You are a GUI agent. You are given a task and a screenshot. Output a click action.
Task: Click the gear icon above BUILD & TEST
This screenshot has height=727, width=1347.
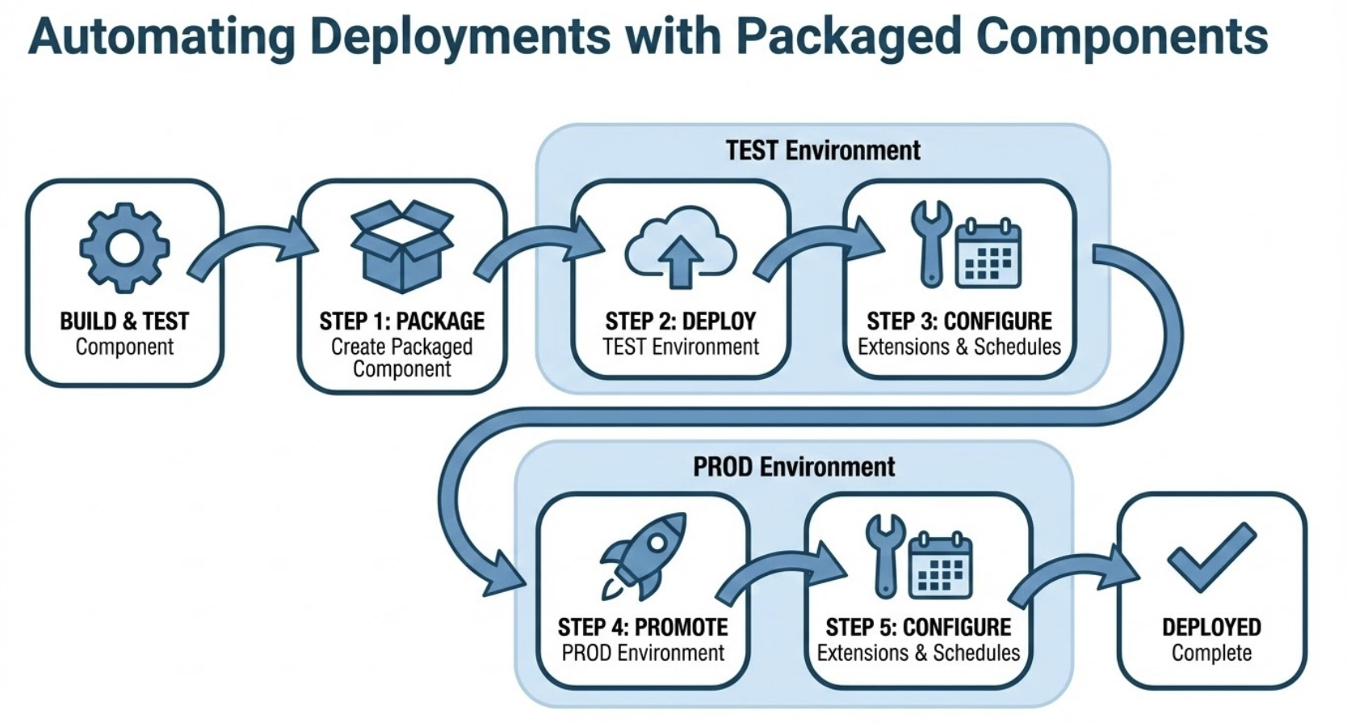(124, 247)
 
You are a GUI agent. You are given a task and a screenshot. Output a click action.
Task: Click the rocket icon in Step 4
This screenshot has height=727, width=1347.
(644, 556)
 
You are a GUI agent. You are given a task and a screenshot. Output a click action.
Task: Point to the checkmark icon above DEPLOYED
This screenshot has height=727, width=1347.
(1211, 557)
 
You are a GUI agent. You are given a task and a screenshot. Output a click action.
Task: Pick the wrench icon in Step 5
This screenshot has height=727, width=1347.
(885, 556)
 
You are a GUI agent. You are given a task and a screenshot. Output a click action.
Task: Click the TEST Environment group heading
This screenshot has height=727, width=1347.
(822, 151)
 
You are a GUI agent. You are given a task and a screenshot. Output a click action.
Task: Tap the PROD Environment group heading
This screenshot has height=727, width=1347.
(794, 467)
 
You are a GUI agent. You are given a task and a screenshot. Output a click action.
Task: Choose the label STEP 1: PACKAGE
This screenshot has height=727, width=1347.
(401, 321)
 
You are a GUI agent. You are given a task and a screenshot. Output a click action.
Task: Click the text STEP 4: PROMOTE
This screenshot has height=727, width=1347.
(643, 628)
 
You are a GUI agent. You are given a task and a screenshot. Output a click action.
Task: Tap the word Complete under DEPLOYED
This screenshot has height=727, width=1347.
(1211, 653)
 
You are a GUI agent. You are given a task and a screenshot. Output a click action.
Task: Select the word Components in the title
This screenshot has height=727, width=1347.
(1122, 36)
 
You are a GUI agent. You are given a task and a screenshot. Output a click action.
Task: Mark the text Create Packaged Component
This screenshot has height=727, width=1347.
(401, 358)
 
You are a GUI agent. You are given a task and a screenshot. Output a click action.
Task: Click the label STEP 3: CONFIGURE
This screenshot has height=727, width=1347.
(959, 321)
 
